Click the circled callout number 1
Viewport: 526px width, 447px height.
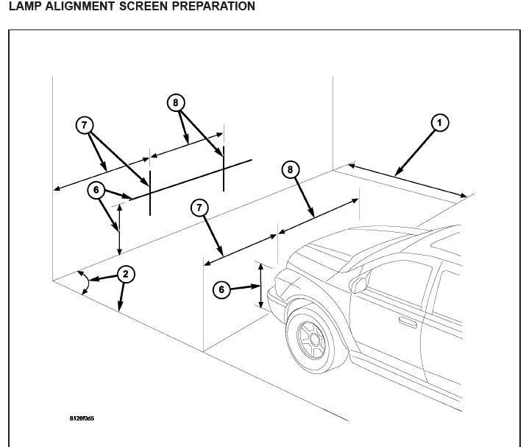(x=439, y=122)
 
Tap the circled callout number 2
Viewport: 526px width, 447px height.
(x=125, y=275)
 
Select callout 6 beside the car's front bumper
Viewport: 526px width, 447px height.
(x=222, y=289)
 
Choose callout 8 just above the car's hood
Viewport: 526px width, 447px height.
(x=290, y=170)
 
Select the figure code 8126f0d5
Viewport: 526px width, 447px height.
(x=82, y=419)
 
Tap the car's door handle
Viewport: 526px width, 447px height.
(x=408, y=321)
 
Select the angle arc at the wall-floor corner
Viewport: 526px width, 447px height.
(x=86, y=283)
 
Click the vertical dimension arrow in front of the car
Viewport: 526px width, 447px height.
(x=260, y=286)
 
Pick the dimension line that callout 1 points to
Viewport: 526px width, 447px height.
(x=408, y=180)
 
